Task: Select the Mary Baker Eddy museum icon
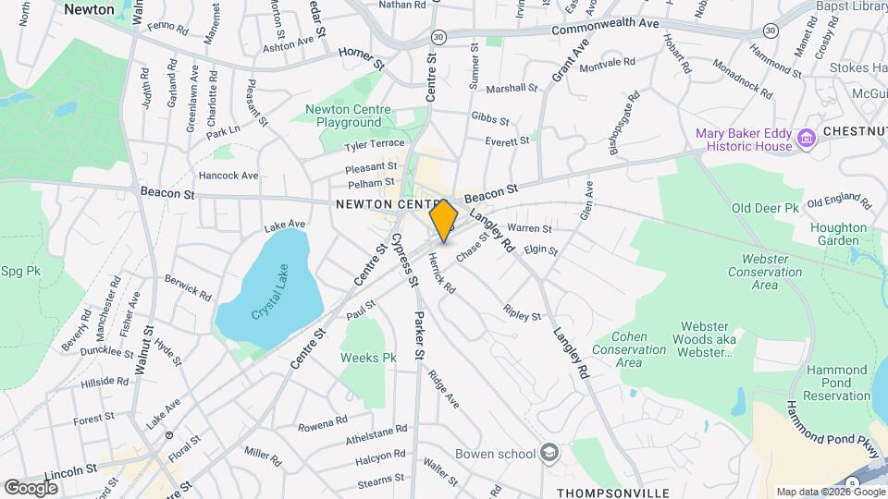(806, 139)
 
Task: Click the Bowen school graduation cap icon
(549, 453)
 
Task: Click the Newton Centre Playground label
(348, 116)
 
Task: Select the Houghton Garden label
(838, 234)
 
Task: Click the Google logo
(31, 487)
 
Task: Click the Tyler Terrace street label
(375, 144)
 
